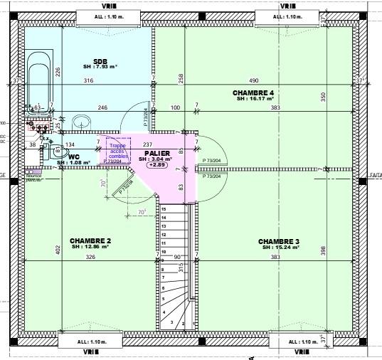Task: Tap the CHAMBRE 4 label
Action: pos(253,93)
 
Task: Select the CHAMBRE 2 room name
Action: pos(90,240)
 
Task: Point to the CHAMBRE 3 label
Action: pos(279,240)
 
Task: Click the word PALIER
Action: pos(156,153)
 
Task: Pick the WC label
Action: pos(73,157)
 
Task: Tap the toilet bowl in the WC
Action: pos(59,152)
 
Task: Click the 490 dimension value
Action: pos(253,80)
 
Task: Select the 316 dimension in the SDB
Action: pos(88,80)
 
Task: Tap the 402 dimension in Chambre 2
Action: pos(58,250)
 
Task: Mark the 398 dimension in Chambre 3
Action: pos(322,250)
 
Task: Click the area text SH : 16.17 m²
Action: pos(255,100)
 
